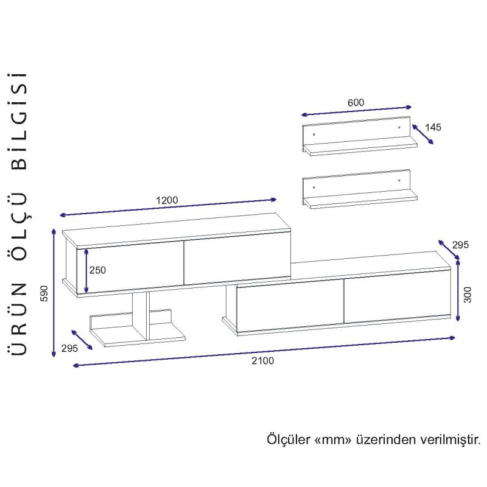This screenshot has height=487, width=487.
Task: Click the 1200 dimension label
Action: (x=167, y=200)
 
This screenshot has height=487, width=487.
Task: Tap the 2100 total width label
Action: (x=263, y=360)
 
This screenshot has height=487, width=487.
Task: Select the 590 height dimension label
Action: (x=45, y=293)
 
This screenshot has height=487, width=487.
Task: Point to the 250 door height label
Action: (x=97, y=270)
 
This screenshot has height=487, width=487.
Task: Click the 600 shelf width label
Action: (x=356, y=102)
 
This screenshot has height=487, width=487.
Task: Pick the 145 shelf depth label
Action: (x=433, y=127)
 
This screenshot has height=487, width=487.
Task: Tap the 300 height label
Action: (x=468, y=295)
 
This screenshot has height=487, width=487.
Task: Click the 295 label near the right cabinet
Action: (x=460, y=245)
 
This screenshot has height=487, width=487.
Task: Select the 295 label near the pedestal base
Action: (x=69, y=348)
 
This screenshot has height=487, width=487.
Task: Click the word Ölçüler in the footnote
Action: (x=289, y=440)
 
